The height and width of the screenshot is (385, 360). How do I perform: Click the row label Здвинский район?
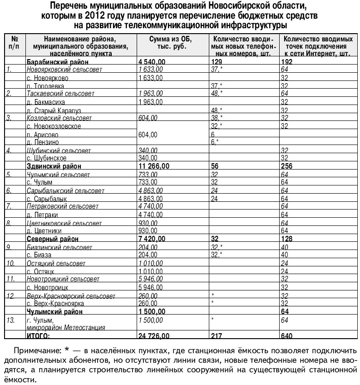pos(54,166)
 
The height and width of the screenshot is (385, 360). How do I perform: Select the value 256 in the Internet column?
pos(286,166)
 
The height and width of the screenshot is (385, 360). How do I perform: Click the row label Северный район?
pos(53,239)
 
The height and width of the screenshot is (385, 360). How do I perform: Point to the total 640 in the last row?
pos(286,336)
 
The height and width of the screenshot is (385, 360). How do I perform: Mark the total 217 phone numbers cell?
pos(216,336)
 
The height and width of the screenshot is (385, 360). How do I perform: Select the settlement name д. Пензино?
pos(42,142)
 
